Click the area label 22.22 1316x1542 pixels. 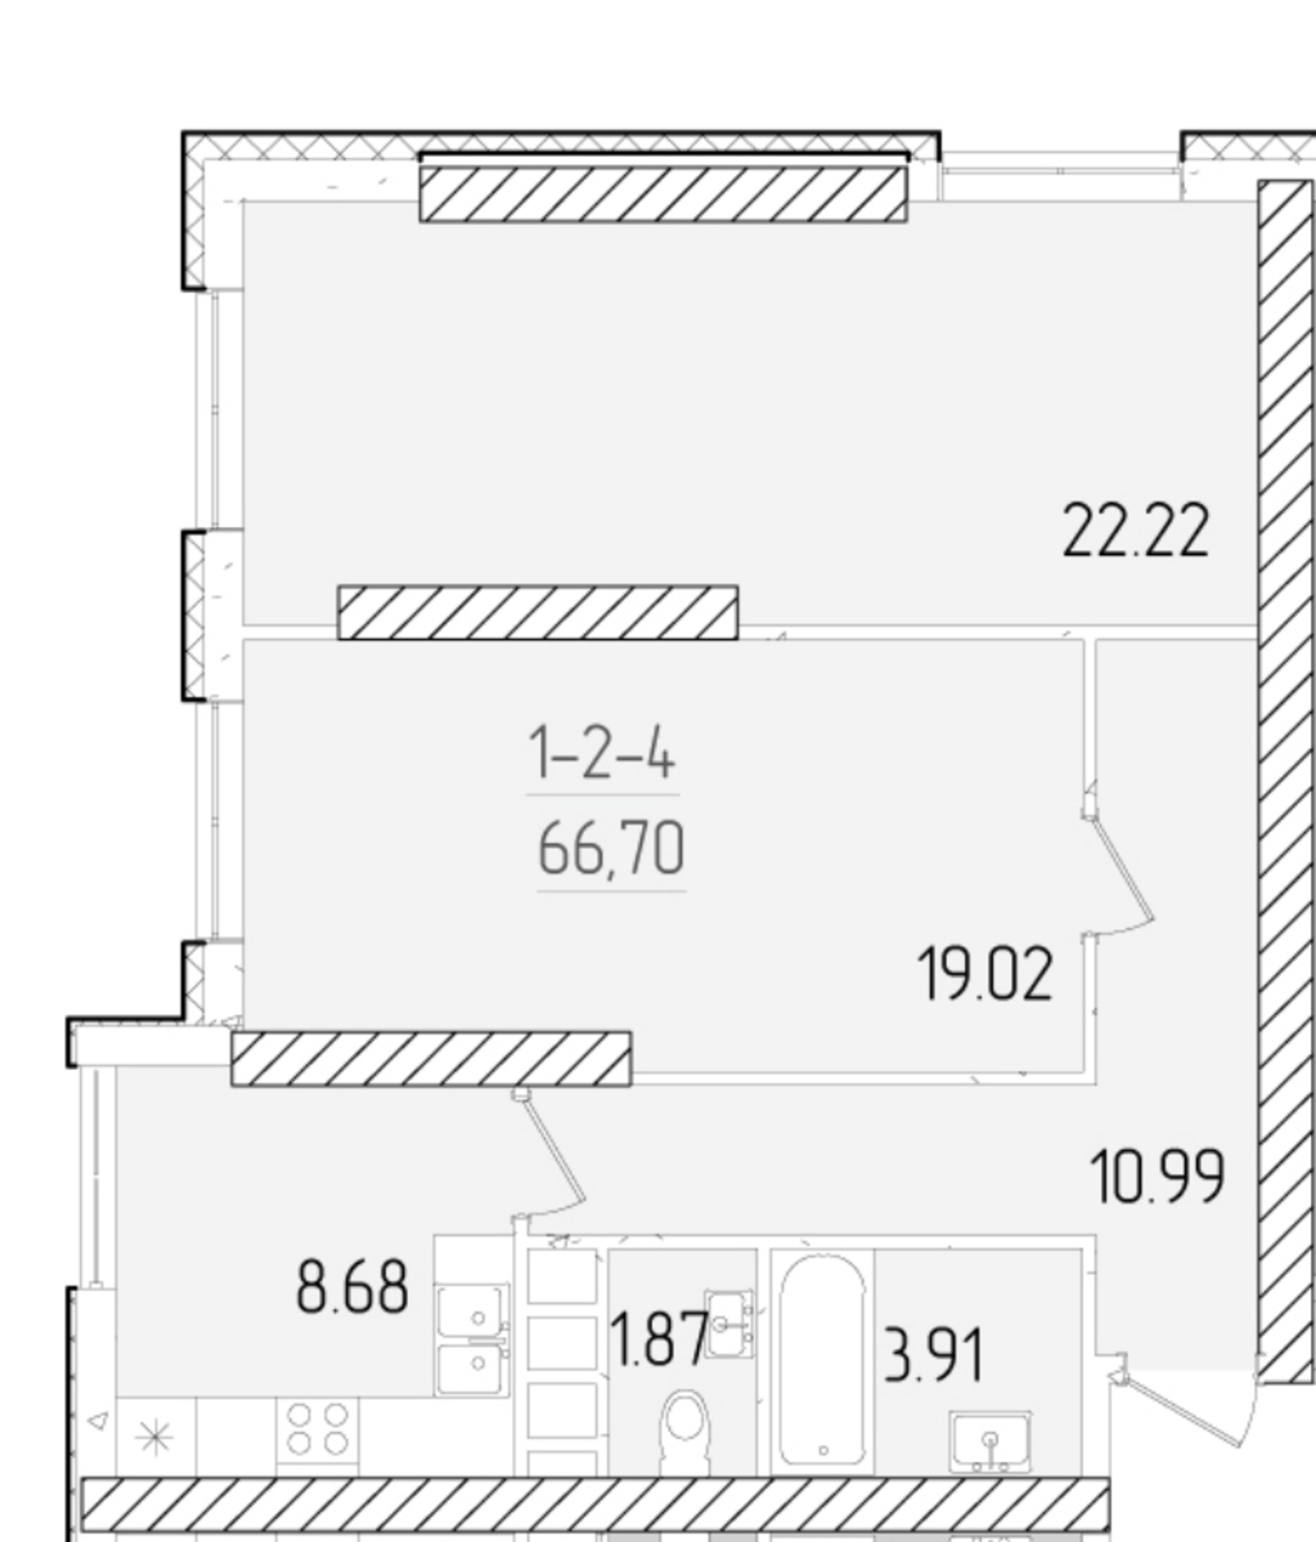pos(1135,531)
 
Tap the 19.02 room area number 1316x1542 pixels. pos(985,974)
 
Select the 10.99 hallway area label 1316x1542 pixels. pos(1157,1176)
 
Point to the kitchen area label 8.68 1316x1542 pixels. pos(352,1288)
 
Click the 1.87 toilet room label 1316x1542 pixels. pos(660,1340)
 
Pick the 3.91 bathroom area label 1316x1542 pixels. pos(933,1355)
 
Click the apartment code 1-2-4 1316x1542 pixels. pos(602,753)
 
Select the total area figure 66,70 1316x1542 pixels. pos(611,849)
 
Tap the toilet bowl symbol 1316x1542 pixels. pos(685,1433)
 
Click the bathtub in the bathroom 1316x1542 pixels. pos(822,1360)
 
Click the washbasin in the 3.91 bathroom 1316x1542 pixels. pos(990,1442)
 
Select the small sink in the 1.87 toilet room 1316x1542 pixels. pos(730,1324)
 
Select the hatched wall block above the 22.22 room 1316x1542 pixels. pos(663,194)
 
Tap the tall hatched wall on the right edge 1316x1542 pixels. pos(1286,781)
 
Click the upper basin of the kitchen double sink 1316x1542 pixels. pos(471,1311)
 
